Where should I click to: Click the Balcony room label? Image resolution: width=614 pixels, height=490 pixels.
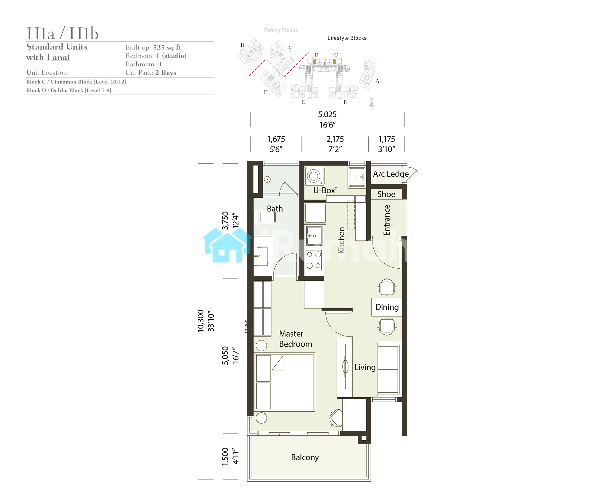tap(305, 457)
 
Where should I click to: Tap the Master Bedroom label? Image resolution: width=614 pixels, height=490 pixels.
tap(295, 339)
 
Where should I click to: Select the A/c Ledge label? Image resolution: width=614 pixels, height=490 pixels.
tap(391, 174)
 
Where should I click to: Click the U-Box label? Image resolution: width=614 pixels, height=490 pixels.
tap(324, 190)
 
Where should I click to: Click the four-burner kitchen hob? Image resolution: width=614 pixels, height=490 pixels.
tap(314, 260)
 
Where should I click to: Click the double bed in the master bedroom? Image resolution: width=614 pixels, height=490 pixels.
tap(285, 382)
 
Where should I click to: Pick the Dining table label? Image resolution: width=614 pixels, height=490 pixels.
tap(387, 307)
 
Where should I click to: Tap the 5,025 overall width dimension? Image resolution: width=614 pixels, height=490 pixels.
tap(327, 115)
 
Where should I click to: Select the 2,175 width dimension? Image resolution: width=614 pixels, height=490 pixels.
tap(335, 139)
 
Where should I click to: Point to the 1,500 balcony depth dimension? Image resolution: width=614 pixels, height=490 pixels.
tap(225, 457)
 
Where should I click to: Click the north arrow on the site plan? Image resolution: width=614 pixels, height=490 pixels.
tap(372, 104)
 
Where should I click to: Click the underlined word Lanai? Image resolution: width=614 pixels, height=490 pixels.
tap(58, 57)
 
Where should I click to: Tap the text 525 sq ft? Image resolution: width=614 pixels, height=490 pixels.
tap(167, 47)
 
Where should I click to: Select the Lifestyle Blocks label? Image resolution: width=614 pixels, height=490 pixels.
tap(347, 38)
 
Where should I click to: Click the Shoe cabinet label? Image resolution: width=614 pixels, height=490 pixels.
tap(386, 194)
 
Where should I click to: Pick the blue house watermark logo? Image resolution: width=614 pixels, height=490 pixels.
tap(227, 245)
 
